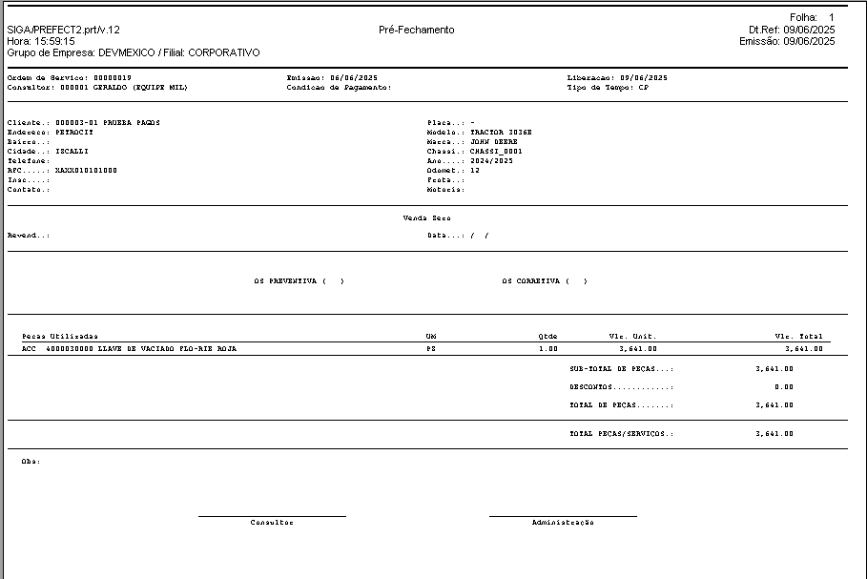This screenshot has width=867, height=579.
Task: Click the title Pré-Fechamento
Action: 416,30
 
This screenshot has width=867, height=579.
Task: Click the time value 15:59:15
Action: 55,42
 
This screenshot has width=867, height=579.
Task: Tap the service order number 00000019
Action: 113,77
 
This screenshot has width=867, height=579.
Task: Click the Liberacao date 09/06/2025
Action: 643,77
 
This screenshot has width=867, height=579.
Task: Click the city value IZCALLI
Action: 73,152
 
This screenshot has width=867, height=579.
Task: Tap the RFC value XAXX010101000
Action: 87,171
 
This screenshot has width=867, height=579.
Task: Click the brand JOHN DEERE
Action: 494,142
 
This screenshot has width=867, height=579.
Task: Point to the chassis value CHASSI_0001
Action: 496,152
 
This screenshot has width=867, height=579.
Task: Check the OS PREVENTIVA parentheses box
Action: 333,281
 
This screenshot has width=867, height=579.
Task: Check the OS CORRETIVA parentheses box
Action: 576,281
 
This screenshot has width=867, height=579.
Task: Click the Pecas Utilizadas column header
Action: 59,337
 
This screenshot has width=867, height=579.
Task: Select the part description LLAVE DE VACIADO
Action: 138,349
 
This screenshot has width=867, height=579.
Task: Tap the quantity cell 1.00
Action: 547,349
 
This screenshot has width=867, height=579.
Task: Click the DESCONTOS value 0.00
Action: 783,387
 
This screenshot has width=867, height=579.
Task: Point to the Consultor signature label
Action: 272,523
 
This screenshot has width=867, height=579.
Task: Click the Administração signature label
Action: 563,523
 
